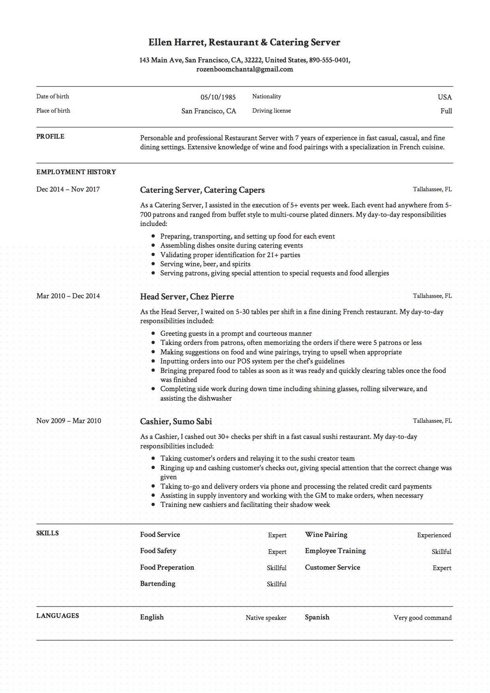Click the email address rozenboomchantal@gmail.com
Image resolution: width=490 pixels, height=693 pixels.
tap(244, 70)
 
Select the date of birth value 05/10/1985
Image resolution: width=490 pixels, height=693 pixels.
tap(218, 97)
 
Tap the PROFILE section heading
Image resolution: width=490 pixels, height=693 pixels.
tap(50, 137)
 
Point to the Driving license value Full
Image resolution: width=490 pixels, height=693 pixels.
tap(446, 111)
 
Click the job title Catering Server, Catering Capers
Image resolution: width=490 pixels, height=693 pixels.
tap(202, 190)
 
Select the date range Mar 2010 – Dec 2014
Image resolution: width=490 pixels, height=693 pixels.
tap(68, 296)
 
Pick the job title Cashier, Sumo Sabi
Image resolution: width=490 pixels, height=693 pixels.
tap(176, 422)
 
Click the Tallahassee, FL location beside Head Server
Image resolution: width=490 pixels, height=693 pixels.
tap(432, 296)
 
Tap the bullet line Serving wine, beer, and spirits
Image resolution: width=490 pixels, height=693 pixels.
tap(205, 264)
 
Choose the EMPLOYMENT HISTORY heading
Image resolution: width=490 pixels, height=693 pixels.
tap(76, 172)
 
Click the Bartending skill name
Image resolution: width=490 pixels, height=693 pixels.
tap(157, 584)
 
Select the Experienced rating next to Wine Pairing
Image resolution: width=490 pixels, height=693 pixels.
tap(433, 535)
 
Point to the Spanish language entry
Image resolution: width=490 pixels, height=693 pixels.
tap(317, 617)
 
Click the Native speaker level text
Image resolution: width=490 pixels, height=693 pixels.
tap(266, 618)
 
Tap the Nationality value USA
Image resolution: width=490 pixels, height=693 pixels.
tap(445, 97)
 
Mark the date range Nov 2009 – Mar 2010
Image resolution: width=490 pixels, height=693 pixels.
tap(68, 421)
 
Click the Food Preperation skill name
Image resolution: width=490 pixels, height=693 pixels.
tap(167, 567)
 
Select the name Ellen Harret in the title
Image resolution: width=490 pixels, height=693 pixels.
tap(176, 42)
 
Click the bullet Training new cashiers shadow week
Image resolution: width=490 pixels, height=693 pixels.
tap(244, 505)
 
